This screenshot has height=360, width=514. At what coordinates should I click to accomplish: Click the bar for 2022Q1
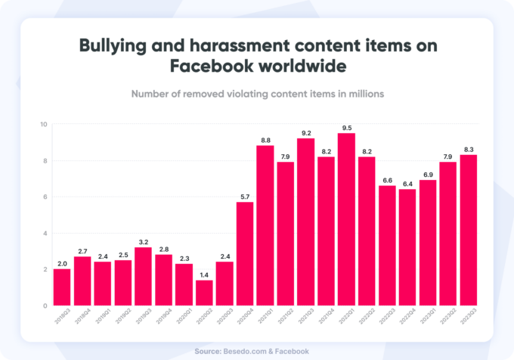[347, 219]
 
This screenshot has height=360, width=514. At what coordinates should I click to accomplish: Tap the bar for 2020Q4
[245, 253]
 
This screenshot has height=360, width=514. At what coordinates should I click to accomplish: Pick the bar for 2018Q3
[62, 287]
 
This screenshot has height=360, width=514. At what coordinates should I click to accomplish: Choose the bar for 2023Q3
[469, 230]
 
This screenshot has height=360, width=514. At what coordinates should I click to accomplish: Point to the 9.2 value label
[306, 132]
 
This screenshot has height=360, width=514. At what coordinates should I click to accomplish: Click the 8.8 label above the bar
[265, 139]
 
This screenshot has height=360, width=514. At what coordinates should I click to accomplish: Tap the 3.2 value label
[143, 241]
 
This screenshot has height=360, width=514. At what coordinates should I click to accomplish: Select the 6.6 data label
[388, 180]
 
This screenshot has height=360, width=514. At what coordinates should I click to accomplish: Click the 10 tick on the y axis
[44, 124]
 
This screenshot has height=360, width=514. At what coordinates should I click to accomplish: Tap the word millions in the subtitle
[362, 94]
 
